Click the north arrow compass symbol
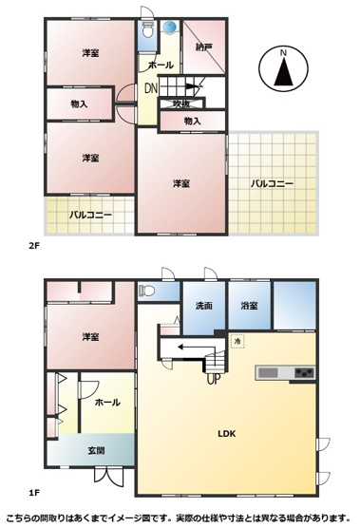[283, 67]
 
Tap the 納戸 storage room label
[204, 47]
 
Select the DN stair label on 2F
[151, 88]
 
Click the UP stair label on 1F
[214, 380]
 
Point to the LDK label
[227, 434]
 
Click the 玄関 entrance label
[97, 450]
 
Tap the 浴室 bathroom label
[249, 306]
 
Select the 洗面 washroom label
[204, 306]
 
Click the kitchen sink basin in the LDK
[268, 373]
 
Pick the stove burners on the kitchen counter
[305, 373]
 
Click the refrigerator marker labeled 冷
[237, 342]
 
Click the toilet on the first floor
[146, 290]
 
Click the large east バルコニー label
[273, 183]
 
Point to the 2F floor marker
[34, 246]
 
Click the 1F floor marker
[34, 493]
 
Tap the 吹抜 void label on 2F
[181, 104]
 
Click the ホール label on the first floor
[107, 402]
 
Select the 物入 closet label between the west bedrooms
[80, 104]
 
